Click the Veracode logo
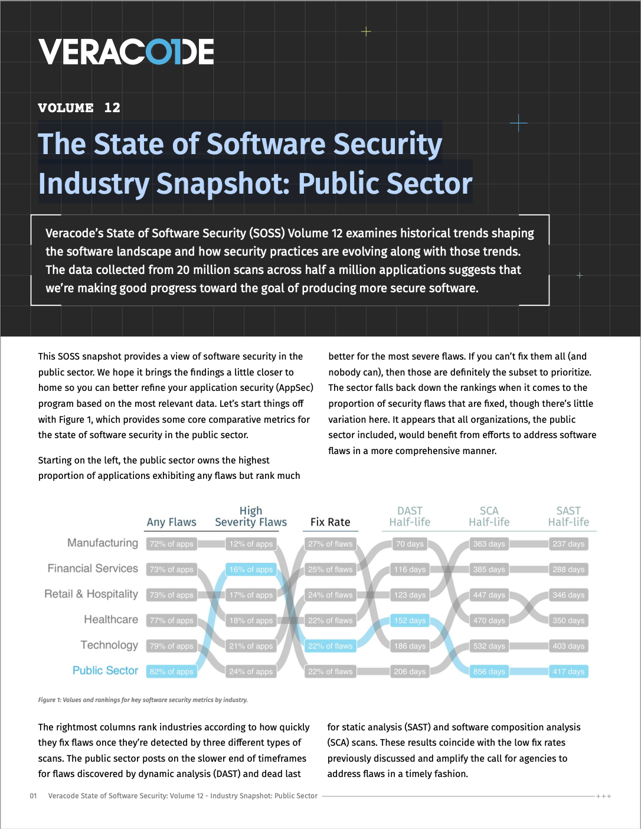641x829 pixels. point(126,52)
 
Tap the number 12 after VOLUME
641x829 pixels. point(112,107)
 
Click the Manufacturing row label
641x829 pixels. point(103,543)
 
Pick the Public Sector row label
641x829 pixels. point(105,670)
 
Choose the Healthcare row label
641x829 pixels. point(111,619)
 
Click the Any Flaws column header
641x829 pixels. point(171,522)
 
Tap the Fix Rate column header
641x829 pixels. point(330,522)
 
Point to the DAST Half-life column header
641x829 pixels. point(410,516)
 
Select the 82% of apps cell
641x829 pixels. point(172,671)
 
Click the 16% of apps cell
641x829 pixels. point(251,569)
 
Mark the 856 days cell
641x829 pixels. point(489,671)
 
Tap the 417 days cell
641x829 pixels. point(568,671)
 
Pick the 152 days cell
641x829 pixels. point(410,621)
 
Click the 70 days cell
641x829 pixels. point(410,544)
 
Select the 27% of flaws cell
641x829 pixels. point(330,544)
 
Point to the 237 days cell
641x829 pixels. point(568,544)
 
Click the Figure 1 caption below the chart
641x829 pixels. point(143,700)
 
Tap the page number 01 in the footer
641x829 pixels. point(33,796)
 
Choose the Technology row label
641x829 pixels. point(109,645)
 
